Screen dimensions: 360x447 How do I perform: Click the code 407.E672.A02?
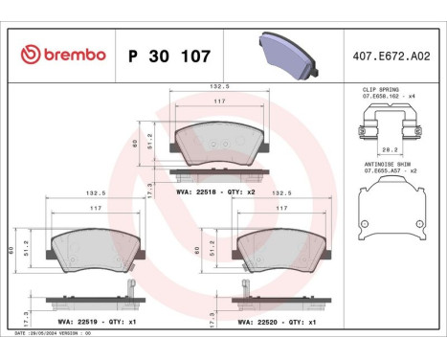click(392, 55)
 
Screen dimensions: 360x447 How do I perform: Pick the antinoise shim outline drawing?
click(390, 212)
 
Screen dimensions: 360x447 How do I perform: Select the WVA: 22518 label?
click(196, 192)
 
